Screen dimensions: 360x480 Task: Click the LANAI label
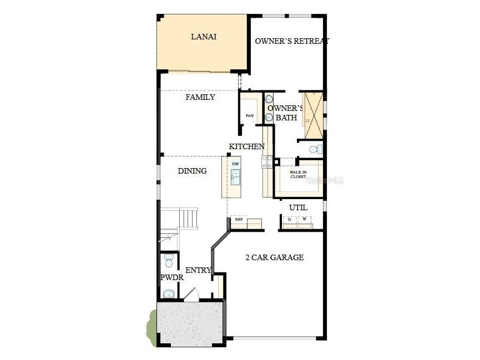point(203,37)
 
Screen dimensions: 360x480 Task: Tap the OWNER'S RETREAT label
point(292,41)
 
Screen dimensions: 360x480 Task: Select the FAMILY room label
point(200,97)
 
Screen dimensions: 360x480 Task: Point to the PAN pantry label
point(250,115)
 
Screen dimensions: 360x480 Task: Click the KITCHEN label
point(246,146)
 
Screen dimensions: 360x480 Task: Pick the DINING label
point(192,171)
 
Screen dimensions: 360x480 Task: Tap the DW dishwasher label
point(235,164)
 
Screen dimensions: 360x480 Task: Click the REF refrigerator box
point(239,220)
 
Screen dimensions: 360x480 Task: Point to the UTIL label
point(297,207)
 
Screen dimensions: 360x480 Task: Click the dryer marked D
point(289,220)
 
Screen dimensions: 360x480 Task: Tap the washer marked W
point(304,220)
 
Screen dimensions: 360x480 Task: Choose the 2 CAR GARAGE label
point(275,257)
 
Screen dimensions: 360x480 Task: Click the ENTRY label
point(198,270)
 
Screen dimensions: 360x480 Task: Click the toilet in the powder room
point(168,260)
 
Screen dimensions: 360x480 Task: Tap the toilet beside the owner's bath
point(315,150)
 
